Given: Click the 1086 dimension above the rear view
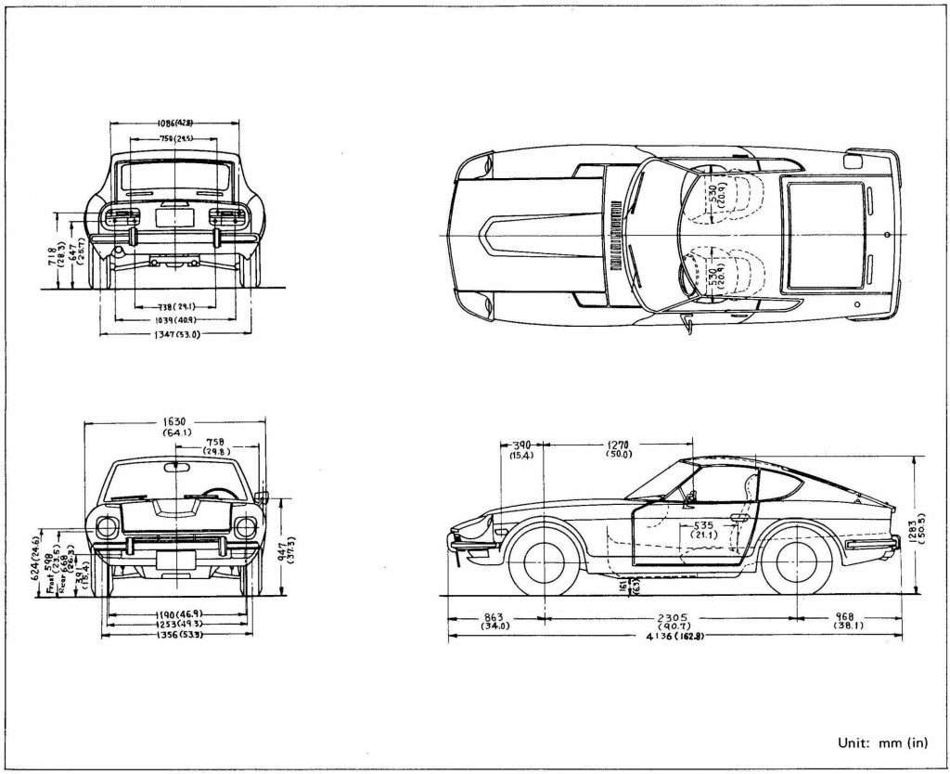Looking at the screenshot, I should [174, 123].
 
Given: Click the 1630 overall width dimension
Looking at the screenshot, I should [176, 422].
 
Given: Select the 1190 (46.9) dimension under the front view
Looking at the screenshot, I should [178, 614].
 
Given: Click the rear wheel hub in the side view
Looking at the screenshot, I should [794, 558].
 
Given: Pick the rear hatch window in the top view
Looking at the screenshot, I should [825, 232].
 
